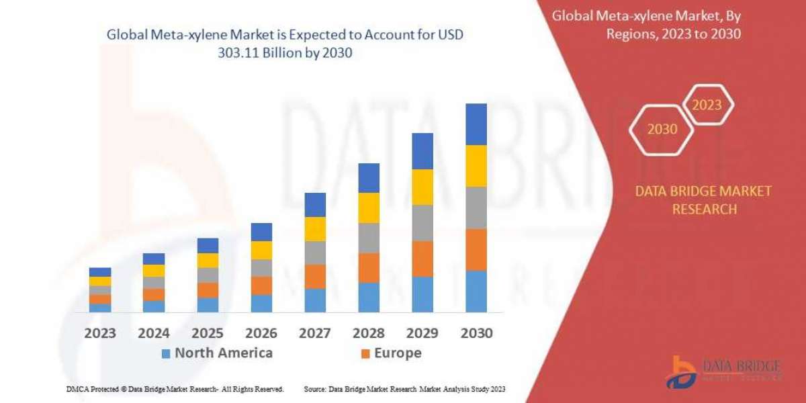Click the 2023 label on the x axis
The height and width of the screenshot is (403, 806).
(100, 332)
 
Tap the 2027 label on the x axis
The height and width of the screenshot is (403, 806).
(315, 332)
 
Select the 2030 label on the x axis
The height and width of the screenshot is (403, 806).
(476, 332)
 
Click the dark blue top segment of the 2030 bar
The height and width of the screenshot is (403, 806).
(476, 124)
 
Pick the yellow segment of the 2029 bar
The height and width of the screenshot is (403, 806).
(422, 187)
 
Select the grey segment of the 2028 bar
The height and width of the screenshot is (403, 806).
(369, 238)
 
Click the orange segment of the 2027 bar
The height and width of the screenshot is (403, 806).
(315, 276)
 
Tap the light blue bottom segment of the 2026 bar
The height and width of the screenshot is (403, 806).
(261, 303)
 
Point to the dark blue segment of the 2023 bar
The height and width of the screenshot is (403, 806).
(100, 272)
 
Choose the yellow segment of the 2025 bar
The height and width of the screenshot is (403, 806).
(208, 261)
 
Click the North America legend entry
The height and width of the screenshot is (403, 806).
(216, 353)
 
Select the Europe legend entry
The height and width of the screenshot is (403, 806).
(391, 353)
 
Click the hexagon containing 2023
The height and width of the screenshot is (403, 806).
(707, 105)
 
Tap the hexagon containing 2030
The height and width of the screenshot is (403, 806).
(662, 129)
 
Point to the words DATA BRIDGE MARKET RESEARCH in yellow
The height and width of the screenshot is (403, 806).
(703, 200)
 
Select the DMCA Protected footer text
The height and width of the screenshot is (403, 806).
(175, 389)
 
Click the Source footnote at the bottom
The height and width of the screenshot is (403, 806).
(404, 389)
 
